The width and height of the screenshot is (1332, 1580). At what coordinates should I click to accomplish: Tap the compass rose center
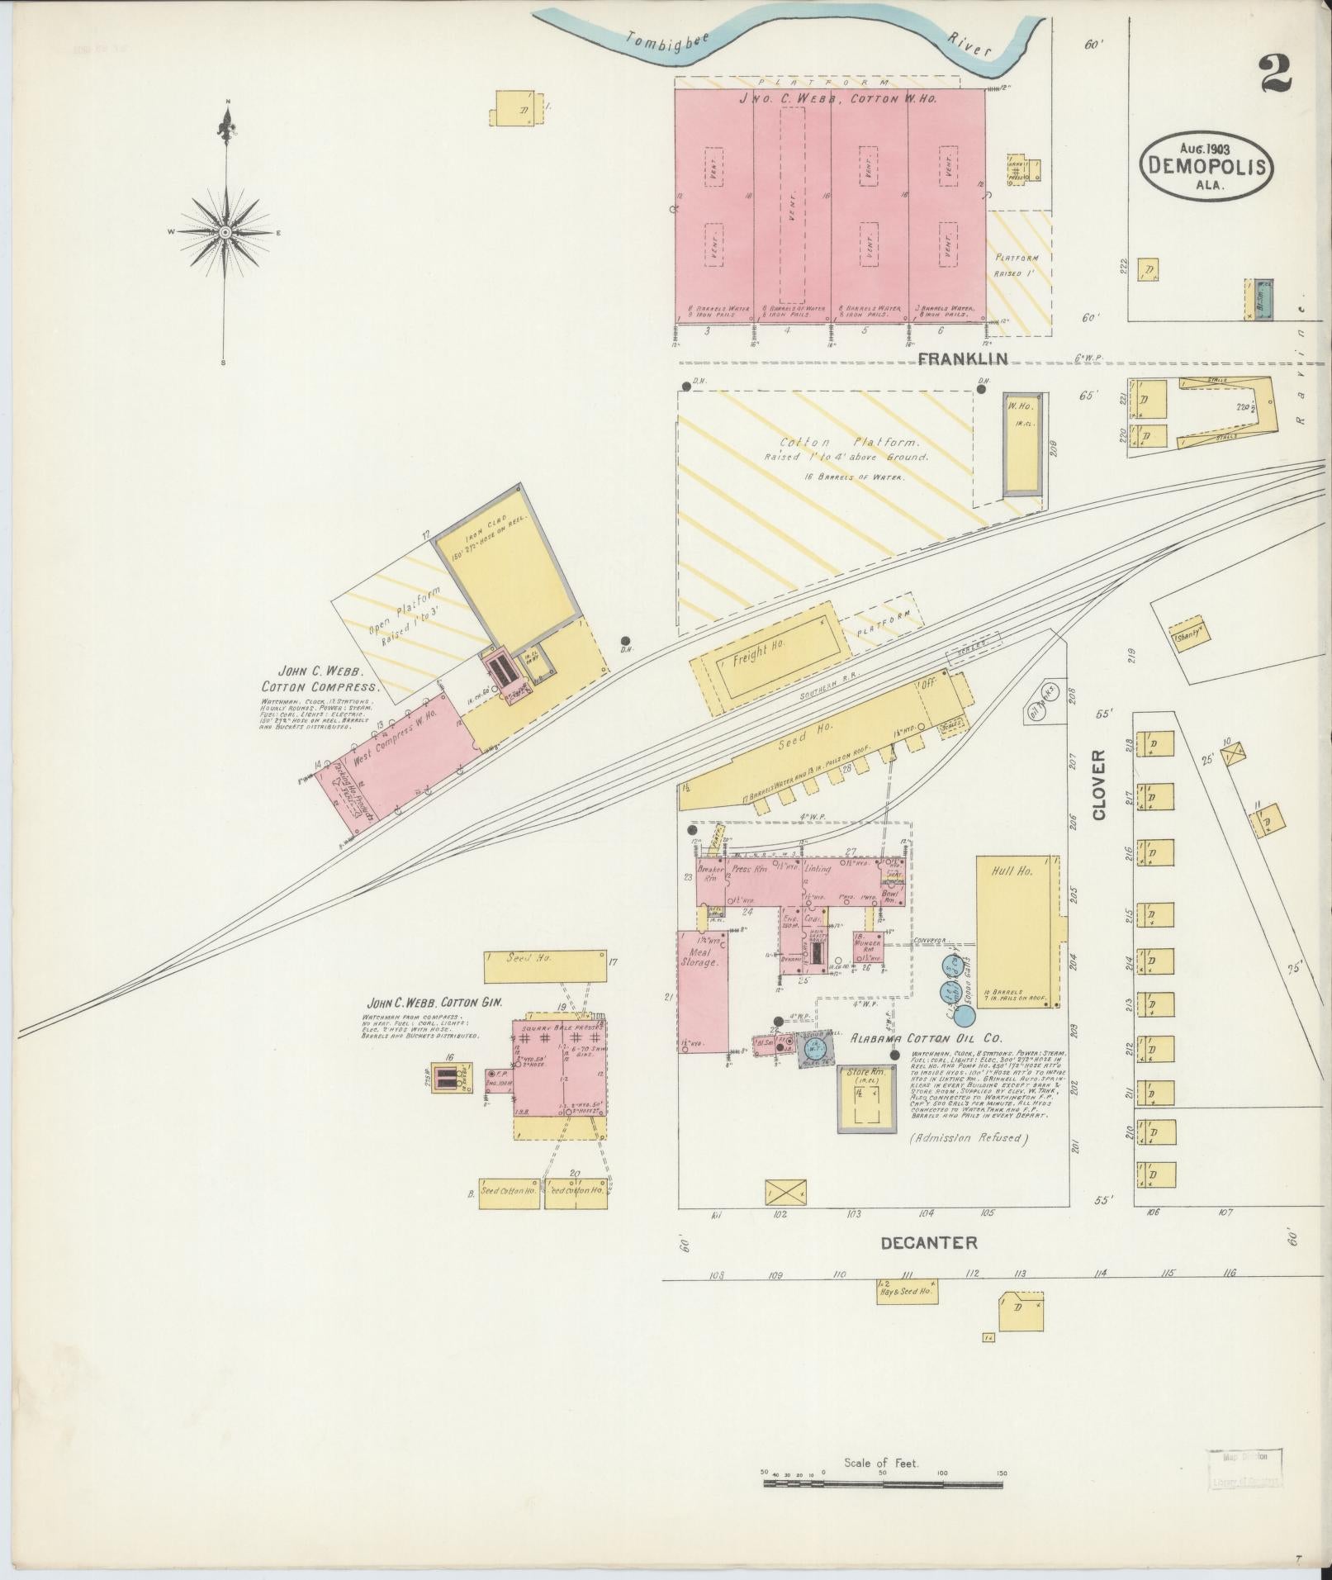point(224,234)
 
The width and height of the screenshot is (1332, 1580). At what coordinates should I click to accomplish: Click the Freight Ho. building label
point(758,652)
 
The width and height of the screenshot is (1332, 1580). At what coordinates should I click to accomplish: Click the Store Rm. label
point(865,1072)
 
